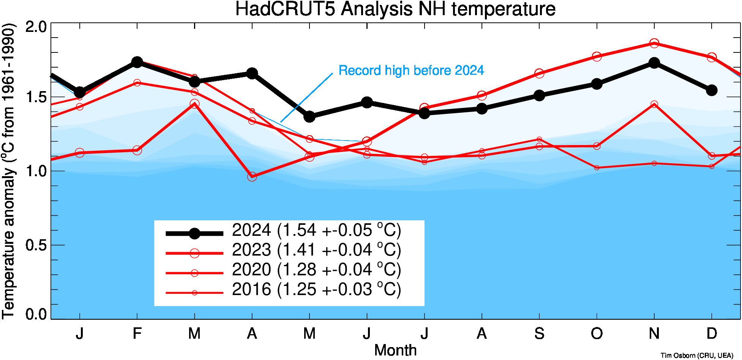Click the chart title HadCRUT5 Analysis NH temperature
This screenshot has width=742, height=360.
click(x=395, y=9)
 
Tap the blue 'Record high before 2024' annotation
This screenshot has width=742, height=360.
click(x=411, y=71)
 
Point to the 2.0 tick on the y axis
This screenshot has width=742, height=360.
click(x=36, y=27)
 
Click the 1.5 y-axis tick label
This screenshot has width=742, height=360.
click(x=36, y=97)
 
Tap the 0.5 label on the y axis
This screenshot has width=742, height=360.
click(x=36, y=245)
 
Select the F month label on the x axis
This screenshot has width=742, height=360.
click(x=137, y=333)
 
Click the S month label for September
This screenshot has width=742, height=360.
click(x=539, y=333)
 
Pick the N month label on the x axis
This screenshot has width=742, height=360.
click(x=654, y=333)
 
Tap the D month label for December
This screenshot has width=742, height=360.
click(x=712, y=333)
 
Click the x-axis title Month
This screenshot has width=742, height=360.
click(x=395, y=350)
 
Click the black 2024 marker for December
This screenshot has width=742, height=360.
click(x=712, y=90)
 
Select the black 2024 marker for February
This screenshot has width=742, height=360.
click(x=137, y=62)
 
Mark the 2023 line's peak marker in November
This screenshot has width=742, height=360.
click(x=654, y=43)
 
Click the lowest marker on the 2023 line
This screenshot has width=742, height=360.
click(x=252, y=177)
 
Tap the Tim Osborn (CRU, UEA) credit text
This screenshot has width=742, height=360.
click(x=697, y=355)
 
